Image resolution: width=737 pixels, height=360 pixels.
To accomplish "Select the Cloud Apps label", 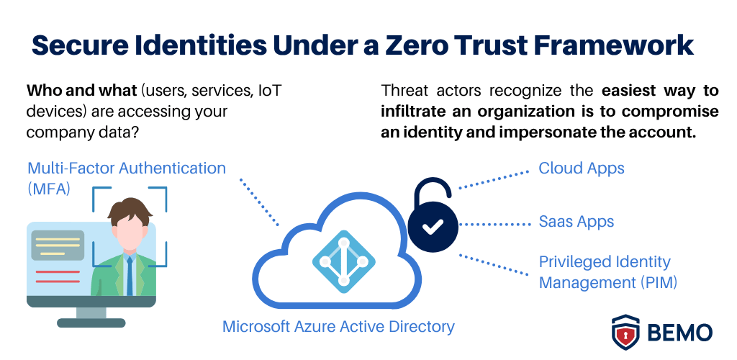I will coord(582,168).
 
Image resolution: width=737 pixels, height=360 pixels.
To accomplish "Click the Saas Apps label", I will coord(577,221).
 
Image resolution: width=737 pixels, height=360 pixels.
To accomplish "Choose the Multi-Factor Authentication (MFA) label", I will coord(127,177).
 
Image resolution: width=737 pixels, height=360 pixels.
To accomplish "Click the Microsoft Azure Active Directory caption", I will coord(338,326).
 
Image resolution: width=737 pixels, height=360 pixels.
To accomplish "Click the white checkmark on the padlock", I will coord(433,228).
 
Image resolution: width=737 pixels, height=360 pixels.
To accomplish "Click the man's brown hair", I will coord(130,209).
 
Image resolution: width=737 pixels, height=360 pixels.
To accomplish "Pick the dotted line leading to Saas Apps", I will coord(494,225).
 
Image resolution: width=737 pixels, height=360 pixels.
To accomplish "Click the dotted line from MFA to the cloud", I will coord(259,202).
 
